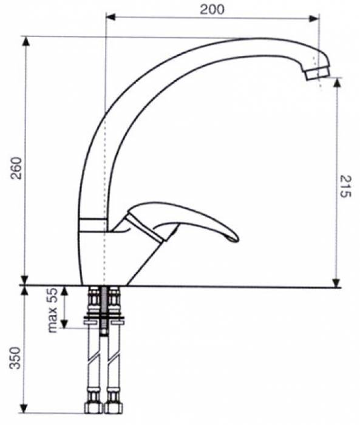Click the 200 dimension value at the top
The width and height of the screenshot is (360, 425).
[x=212, y=10]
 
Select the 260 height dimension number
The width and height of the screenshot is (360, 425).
[x=16, y=168]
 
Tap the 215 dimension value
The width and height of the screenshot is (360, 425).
[x=345, y=186]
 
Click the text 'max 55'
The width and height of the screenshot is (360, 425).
[x=53, y=310]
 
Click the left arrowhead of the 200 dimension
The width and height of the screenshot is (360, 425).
[x=110, y=18]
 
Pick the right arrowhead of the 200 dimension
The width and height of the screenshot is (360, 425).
[x=314, y=18]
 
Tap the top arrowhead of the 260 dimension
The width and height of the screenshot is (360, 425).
[x=25, y=41]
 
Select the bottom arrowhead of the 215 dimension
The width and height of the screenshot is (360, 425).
[x=336, y=282]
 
